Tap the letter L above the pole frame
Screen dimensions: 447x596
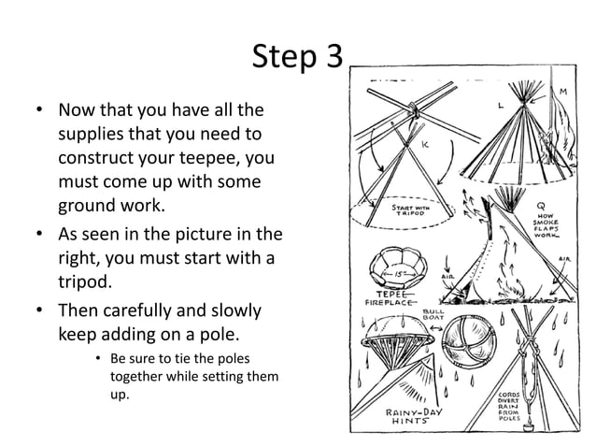click(501, 107)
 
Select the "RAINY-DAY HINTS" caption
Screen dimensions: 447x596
click(415, 418)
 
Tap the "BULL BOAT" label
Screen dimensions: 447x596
click(433, 316)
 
